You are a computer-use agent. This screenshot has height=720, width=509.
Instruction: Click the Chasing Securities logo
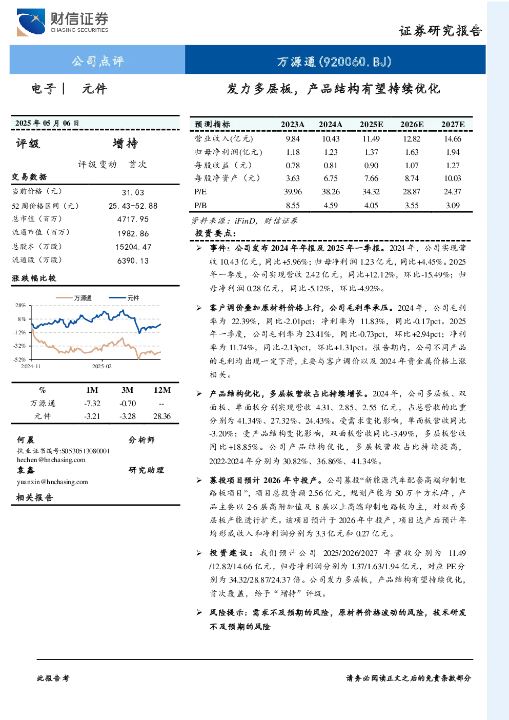[63, 22]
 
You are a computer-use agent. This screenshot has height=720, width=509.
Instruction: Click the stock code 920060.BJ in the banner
[355, 62]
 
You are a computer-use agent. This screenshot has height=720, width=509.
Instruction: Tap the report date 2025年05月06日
[47, 123]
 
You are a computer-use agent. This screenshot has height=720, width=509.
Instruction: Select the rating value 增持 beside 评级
[125, 144]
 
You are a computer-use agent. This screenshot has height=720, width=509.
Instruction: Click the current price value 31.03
[133, 192]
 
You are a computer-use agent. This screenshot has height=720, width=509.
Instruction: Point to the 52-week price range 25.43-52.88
[133, 206]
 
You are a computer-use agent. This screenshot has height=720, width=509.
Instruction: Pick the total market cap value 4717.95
[133, 219]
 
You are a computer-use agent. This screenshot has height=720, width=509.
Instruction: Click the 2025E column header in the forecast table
[371, 125]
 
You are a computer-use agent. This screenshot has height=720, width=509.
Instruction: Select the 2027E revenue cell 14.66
[453, 139]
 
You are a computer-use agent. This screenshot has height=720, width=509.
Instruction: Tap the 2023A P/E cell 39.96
[293, 192]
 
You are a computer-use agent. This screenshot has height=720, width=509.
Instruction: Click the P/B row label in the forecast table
[200, 206]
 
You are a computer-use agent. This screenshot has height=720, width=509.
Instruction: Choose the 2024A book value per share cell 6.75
[331, 178]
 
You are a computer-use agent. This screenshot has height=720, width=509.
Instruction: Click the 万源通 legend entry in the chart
[74, 298]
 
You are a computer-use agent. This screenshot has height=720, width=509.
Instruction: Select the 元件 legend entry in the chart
[124, 298]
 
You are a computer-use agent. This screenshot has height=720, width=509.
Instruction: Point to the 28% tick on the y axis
[20, 305]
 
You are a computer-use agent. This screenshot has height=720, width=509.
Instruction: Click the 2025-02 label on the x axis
[101, 366]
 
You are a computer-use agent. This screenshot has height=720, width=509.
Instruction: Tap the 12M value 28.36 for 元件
[162, 416]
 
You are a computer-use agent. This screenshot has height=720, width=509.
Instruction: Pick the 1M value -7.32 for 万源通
[92, 404]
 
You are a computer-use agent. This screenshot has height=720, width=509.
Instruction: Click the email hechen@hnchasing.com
[51, 460]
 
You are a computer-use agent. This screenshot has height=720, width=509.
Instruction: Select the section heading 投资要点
[215, 233]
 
